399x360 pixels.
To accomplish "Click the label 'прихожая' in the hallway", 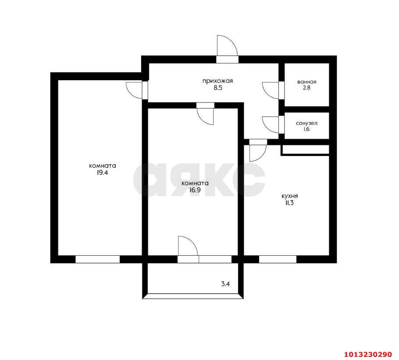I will [x=217, y=81].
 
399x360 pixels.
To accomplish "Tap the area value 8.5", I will [x=217, y=87].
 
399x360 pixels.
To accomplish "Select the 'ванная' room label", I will [x=306, y=82].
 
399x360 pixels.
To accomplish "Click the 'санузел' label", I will [x=306, y=123].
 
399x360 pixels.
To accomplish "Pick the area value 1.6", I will [x=306, y=130].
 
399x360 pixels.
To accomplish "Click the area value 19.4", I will [x=102, y=173].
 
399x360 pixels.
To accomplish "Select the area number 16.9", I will [x=195, y=190].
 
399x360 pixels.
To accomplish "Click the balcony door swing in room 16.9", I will [x=188, y=245].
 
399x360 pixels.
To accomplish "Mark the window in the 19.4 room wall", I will [x=97, y=259].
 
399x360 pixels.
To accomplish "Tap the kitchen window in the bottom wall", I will [x=278, y=259].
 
